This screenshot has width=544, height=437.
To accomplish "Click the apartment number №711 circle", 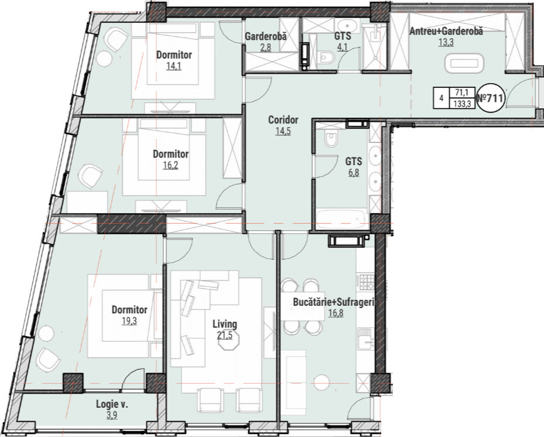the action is point(490,98).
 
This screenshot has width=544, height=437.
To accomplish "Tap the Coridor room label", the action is point(283,120).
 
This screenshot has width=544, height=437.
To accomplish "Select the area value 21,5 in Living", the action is point(225,335).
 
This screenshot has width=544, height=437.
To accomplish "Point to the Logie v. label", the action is point(112,404).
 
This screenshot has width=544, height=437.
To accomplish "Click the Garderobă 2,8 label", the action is point(266,42).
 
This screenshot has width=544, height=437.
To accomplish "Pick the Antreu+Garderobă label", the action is point(446,31).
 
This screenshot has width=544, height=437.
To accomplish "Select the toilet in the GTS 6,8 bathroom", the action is point(331,138).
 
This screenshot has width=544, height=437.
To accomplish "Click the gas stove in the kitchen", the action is point(367,282).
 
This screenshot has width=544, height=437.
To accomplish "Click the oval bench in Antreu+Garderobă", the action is point(464,63).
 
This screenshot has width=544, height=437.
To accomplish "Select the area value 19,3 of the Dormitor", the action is point(129,321).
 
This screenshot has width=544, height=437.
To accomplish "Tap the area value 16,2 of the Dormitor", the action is point(170,165).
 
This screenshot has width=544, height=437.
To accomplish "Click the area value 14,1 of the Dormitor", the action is point(174,66).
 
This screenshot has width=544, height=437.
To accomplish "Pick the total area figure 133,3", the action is point(462,104).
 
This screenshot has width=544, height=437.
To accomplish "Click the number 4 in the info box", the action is point(442,98).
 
